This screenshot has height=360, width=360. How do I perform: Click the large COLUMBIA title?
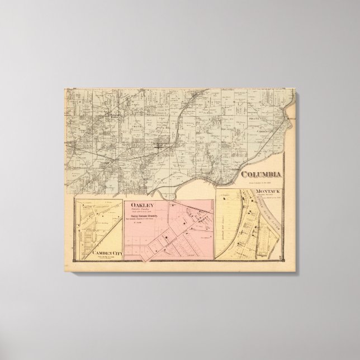point(261,173)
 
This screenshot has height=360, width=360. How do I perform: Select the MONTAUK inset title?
point(265,192)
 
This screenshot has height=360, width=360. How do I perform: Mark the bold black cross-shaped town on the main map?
point(160,146)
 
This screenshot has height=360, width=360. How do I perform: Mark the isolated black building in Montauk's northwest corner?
point(223,197)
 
